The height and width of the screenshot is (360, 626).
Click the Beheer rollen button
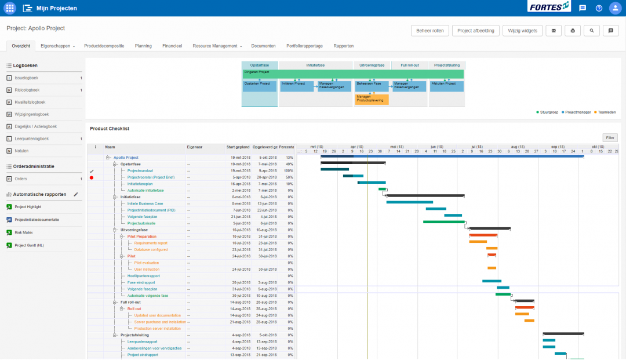point(430,31)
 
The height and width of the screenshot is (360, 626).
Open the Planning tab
point(143,46)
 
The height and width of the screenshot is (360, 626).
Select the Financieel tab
point(172,46)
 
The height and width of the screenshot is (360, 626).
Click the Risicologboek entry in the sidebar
point(27,90)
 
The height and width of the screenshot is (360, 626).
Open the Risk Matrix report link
point(23,232)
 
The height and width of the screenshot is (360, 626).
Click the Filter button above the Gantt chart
point(610,137)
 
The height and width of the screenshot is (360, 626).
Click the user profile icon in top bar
point(614,8)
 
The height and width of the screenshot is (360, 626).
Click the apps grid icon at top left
point(10,8)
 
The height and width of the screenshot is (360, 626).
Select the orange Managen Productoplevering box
point(372,99)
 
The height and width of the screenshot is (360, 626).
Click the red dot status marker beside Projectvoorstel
point(92,177)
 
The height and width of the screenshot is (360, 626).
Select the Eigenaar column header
point(194,147)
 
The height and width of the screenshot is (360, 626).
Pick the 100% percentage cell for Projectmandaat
point(288,170)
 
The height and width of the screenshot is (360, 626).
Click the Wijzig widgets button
point(522,31)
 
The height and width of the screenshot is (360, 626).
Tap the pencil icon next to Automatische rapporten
point(75,194)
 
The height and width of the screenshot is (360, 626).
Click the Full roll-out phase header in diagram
point(410,66)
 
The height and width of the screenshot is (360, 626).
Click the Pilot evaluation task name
point(146,263)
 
